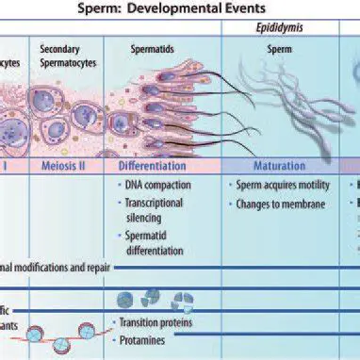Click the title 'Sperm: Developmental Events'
tap(180, 8)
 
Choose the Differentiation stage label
tap(166, 164)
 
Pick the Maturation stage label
tap(279, 164)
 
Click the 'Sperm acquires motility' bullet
tap(286, 185)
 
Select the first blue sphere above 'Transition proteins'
tap(124, 299)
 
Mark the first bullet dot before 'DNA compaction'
tap(120, 185)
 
